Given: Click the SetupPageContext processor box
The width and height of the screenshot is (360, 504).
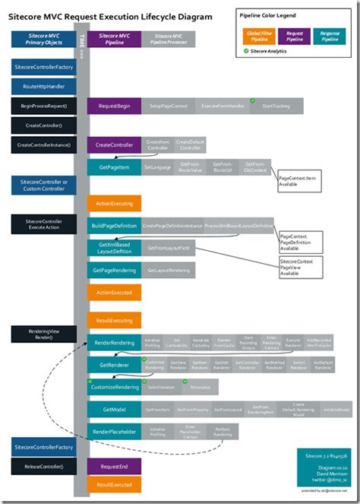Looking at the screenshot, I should click(169, 107).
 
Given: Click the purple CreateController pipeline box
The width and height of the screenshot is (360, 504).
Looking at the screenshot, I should click(114, 144).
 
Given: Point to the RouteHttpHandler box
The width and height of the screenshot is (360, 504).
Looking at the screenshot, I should click(43, 87).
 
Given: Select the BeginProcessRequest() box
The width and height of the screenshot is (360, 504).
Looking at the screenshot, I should click(43, 106).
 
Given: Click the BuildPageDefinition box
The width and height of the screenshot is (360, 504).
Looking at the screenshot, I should click(114, 226).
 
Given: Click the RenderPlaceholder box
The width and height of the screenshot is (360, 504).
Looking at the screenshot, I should click(114, 432).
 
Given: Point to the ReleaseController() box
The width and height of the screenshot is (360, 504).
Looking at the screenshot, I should click(43, 466).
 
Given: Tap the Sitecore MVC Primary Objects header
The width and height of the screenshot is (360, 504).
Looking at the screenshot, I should click(43, 39).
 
